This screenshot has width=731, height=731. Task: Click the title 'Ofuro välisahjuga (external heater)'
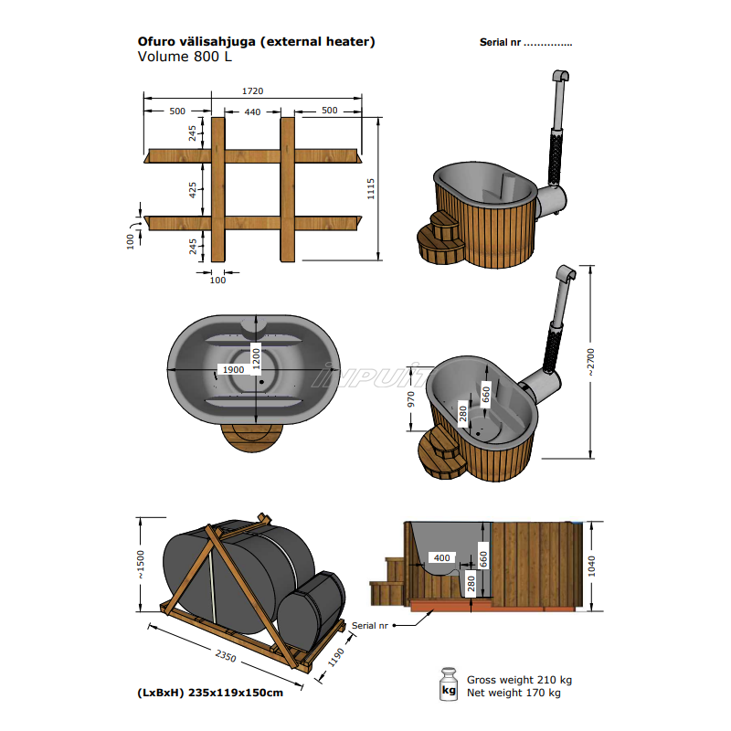point(256,41)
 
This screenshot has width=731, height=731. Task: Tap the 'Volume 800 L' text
point(185,57)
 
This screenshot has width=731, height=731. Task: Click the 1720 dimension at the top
point(252,91)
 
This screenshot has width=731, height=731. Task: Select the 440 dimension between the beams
point(252,111)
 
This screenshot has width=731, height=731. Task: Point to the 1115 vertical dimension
point(371,189)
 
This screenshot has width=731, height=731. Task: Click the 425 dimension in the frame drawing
point(192,190)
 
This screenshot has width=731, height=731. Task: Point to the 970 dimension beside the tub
point(411,399)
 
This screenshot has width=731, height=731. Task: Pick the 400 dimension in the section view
point(442,557)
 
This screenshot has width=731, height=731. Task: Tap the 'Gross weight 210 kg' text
point(519,680)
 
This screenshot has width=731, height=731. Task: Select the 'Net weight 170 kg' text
point(514,693)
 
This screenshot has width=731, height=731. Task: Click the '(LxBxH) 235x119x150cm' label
point(210,692)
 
